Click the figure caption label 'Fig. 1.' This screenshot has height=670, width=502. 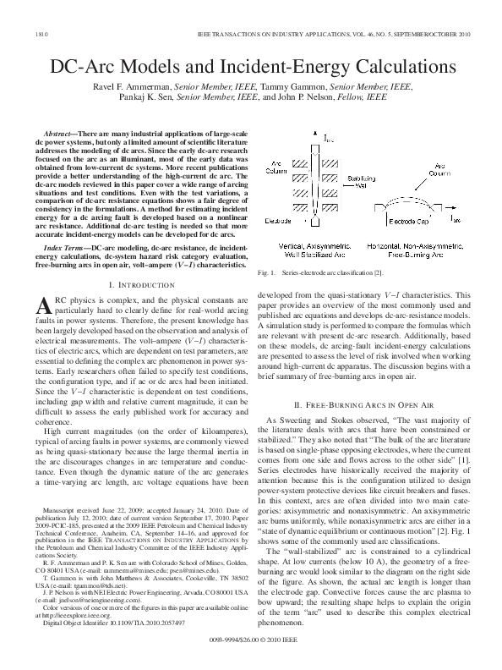[x=265, y=273]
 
